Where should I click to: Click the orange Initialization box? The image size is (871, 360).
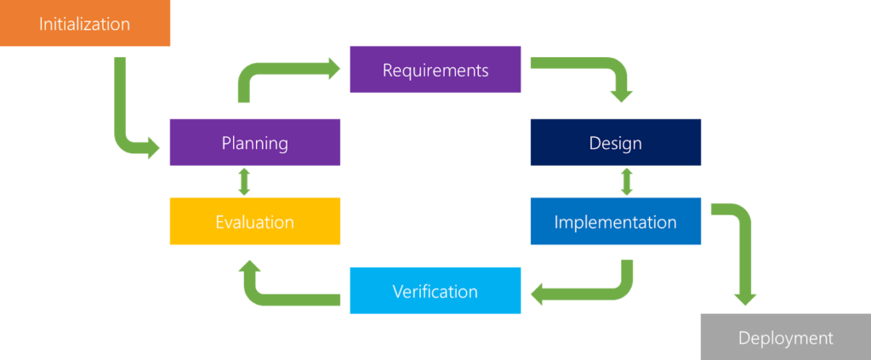(85, 23)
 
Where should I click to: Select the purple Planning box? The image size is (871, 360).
(255, 142)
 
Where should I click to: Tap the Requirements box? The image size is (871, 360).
(435, 70)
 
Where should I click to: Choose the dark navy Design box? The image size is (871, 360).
(616, 142)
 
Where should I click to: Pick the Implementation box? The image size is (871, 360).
(616, 221)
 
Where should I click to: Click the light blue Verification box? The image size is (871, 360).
(435, 290)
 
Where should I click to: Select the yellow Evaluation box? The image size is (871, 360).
(255, 221)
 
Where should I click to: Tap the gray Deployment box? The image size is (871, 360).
(786, 337)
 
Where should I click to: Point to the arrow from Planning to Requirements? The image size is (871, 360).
(261, 70)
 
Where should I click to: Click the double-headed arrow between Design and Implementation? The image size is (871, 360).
(627, 181)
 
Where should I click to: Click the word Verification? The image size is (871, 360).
(435, 291)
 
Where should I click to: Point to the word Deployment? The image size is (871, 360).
(786, 338)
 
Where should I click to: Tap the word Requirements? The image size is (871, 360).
(435, 70)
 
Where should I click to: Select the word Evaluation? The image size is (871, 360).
(255, 221)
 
